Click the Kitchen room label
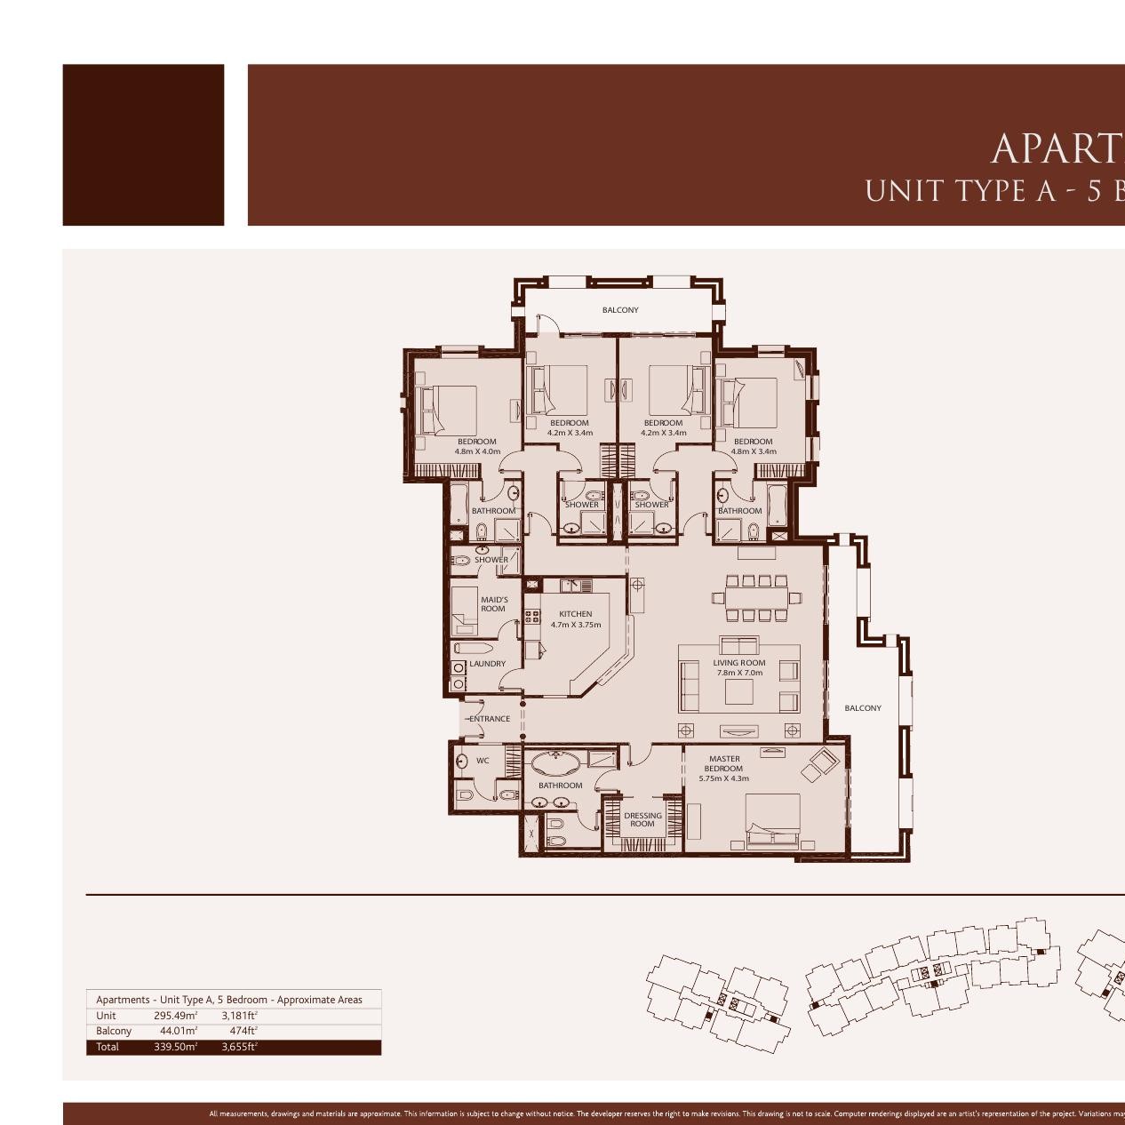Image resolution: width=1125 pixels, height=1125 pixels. pyautogui.click(x=575, y=614)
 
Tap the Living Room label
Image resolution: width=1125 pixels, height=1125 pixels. pyautogui.click(x=738, y=663)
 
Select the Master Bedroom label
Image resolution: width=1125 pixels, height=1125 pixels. pyautogui.click(x=724, y=763)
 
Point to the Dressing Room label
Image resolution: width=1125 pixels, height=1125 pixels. pyautogui.click(x=642, y=819)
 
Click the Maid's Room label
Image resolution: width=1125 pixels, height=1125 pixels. pyautogui.click(x=494, y=604)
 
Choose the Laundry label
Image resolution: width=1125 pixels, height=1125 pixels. pyautogui.click(x=487, y=664)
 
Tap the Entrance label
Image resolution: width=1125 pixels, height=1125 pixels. pyautogui.click(x=490, y=719)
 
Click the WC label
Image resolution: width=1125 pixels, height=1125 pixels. pyautogui.click(x=483, y=761)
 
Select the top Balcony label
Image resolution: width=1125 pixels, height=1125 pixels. pyautogui.click(x=620, y=310)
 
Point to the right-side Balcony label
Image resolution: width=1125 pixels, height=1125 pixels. pyautogui.click(x=863, y=708)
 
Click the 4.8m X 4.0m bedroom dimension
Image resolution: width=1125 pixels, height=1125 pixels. pyautogui.click(x=477, y=451)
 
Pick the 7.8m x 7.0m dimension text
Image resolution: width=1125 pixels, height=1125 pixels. pyautogui.click(x=739, y=673)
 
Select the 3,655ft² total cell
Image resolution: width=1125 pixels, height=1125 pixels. pyautogui.click(x=239, y=1047)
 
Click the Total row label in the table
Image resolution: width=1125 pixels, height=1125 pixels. pyautogui.click(x=108, y=1047)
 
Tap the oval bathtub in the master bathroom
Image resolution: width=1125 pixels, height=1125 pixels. pyautogui.click(x=557, y=762)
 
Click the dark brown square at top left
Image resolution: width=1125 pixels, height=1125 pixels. pyautogui.click(x=143, y=145)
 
